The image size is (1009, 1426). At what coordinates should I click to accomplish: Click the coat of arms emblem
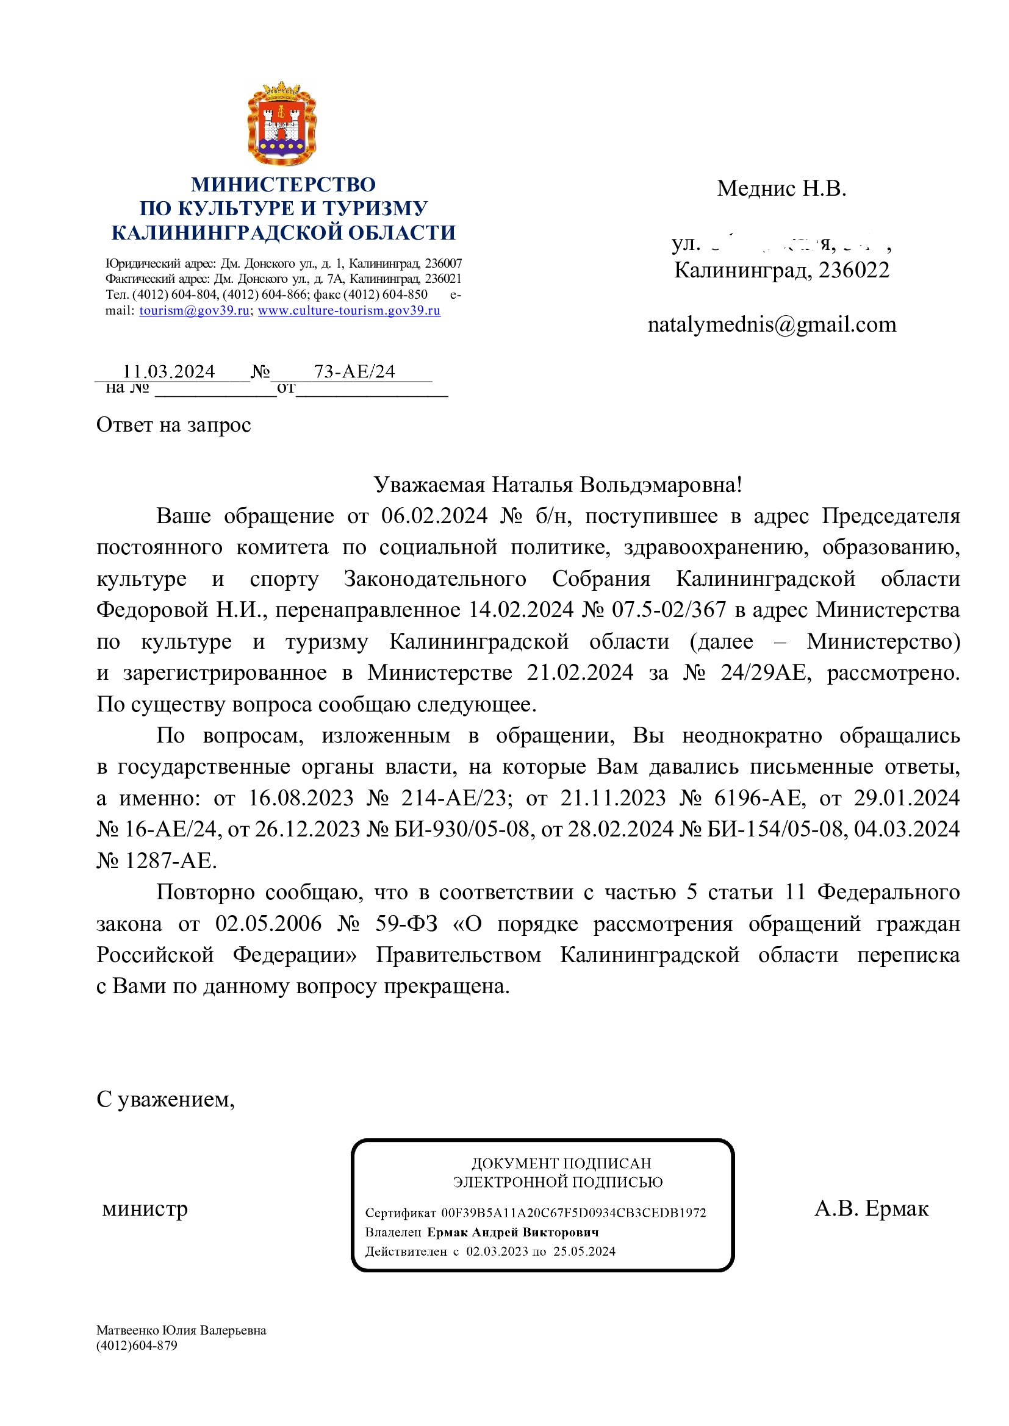(282, 123)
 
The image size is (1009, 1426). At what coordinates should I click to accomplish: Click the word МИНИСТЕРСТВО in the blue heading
(283, 185)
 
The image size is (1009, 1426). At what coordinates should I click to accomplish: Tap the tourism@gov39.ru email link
(194, 310)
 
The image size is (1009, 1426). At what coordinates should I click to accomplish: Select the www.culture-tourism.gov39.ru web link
(349, 310)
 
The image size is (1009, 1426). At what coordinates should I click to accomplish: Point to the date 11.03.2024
(169, 371)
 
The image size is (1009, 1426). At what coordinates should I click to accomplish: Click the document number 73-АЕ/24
(354, 371)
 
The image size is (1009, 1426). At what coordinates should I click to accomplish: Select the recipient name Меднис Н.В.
(781, 188)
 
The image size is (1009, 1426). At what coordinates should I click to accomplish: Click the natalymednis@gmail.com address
(772, 324)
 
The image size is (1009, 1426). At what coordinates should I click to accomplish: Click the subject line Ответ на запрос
(173, 425)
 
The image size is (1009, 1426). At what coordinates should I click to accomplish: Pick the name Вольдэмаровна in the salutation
(661, 485)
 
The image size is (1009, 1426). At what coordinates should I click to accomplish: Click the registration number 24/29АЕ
(763, 672)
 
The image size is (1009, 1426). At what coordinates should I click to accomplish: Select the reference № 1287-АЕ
(157, 861)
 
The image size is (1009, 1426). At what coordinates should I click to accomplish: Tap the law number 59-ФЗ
(406, 924)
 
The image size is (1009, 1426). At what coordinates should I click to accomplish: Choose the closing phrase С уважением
(165, 1099)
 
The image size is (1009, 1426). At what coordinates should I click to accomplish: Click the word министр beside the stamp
(145, 1208)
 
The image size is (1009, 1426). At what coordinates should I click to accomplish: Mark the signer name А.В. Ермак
(871, 1208)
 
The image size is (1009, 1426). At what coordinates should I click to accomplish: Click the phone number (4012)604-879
(137, 1346)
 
